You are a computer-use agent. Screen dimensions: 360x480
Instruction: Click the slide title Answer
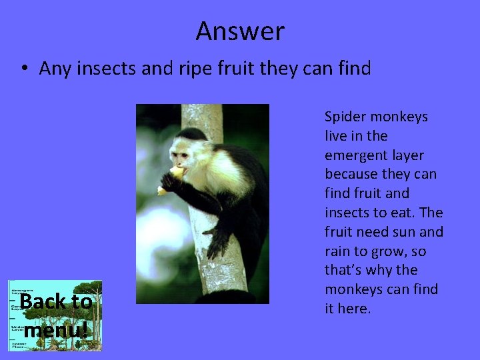240,31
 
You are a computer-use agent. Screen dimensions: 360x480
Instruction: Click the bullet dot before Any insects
23,69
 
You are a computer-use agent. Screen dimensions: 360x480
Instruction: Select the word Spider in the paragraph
344,117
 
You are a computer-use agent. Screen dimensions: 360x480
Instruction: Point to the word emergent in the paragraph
355,155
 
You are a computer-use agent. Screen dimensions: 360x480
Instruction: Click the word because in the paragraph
351,175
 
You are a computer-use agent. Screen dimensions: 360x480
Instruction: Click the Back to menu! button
55,315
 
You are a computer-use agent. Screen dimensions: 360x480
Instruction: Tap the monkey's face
179,155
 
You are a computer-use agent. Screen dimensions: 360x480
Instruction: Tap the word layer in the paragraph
408,155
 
